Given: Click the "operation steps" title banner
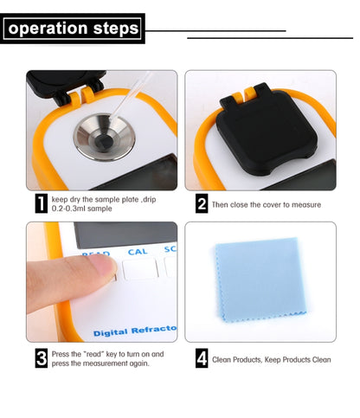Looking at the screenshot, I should tap(73, 29).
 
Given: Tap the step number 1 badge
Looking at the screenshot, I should tap(41, 204).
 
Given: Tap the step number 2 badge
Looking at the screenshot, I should tap(202, 204).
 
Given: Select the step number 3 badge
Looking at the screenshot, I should tap(41, 358).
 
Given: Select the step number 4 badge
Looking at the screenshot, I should tap(202, 358).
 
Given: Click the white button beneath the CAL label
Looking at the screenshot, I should tap(139, 269).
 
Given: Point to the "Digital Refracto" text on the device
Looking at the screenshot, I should tap(135, 331).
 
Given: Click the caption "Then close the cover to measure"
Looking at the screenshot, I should tap(266, 205).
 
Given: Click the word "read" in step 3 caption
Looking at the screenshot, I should tap(94, 354).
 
